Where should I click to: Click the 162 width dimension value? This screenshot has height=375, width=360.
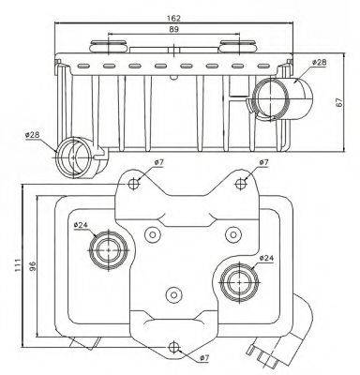[173, 19]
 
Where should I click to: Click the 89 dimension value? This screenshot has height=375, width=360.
[174, 29]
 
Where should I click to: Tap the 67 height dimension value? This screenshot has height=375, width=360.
[339, 102]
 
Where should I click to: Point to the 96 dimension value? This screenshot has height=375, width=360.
[33, 265]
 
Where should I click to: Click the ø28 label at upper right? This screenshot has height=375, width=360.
[319, 62]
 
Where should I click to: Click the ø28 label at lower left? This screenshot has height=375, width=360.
[33, 135]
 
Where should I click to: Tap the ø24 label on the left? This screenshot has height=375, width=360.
[82, 225]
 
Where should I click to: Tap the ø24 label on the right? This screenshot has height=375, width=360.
[266, 258]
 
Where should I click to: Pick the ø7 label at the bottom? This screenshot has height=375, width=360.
[203, 358]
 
